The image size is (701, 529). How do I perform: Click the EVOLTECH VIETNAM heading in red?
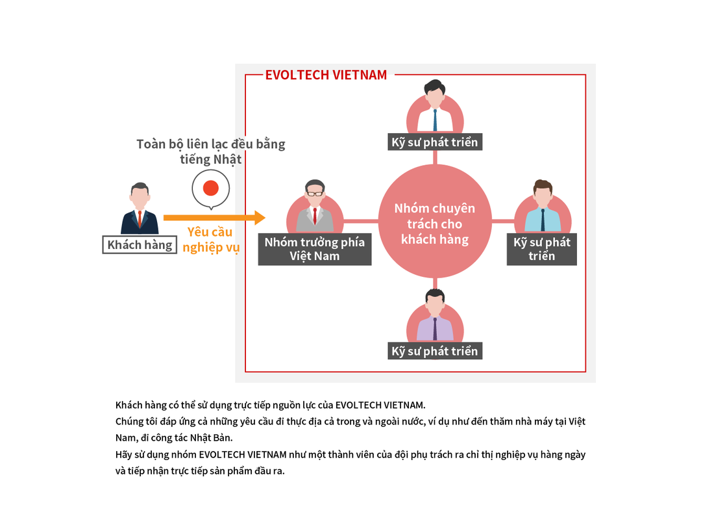(326, 75)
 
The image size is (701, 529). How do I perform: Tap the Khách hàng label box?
(140, 245)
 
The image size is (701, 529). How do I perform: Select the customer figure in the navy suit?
(140, 209)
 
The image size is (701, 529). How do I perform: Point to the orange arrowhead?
(260, 218)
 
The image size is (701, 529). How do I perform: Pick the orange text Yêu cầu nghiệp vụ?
(210, 240)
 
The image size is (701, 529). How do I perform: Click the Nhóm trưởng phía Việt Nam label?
(315, 250)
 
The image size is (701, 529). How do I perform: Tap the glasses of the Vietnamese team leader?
(315, 193)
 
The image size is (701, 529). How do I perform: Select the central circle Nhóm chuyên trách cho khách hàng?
(435, 224)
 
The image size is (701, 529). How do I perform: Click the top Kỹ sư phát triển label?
(435, 142)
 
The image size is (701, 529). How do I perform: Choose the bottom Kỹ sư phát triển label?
(435, 351)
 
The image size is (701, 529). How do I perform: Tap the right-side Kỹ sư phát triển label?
(541, 249)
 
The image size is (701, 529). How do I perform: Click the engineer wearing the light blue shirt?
(543, 207)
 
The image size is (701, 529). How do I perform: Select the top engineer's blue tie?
(435, 120)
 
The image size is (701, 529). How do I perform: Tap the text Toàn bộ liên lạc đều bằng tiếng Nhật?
(210, 151)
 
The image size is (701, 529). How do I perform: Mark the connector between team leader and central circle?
(361, 222)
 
